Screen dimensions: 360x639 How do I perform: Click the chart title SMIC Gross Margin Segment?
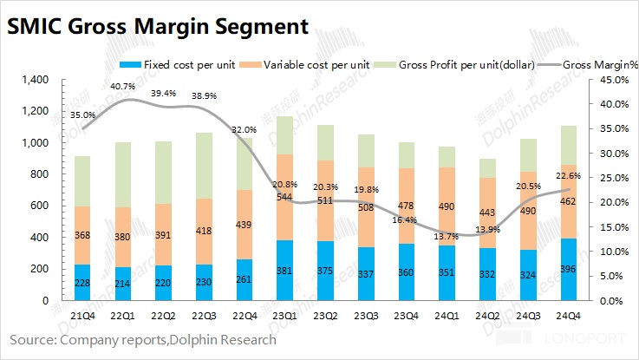(158, 26)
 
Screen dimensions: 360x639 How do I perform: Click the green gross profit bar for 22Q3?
(205, 166)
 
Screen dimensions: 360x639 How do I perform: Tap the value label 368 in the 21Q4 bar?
(83, 235)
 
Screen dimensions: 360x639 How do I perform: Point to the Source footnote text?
(143, 339)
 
